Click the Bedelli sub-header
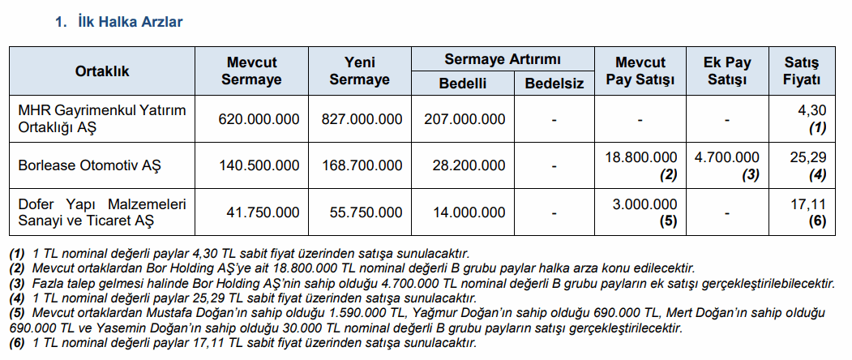(x=463, y=84)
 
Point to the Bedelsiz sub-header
(x=554, y=84)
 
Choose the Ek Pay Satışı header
(x=726, y=71)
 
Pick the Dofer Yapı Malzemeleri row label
(x=102, y=212)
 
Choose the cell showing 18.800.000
(x=640, y=157)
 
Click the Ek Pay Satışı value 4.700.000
(x=726, y=157)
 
